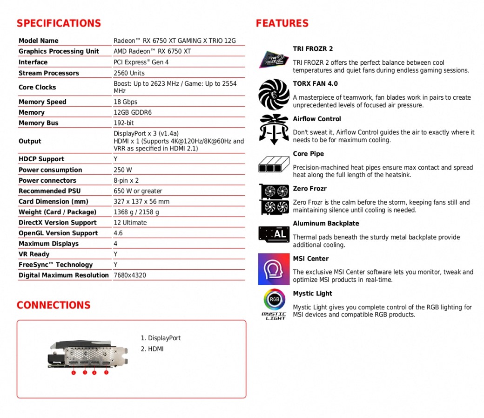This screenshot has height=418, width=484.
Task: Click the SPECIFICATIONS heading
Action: coord(59,23)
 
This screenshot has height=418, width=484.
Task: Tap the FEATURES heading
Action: coord(282,23)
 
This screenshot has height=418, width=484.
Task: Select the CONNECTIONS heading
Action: coord(54,305)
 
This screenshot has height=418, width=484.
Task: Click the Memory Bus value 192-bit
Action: coord(124,123)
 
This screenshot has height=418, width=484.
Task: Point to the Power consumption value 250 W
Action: coord(123,170)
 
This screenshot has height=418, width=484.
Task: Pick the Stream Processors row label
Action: coord(49,73)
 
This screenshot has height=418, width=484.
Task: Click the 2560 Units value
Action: coord(129,73)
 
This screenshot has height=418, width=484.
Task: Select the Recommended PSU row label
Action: coord(49,191)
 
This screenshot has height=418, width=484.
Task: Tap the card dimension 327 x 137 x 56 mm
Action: coord(141,202)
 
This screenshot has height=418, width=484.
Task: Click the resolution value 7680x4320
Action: coord(130,275)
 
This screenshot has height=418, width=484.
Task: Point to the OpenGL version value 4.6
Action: coord(118,233)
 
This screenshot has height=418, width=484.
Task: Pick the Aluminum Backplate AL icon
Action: coord(274,234)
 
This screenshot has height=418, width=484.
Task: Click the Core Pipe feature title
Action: coord(308,154)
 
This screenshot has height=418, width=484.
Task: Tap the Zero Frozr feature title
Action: coord(309,189)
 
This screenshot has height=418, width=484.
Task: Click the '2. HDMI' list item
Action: coord(152,349)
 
